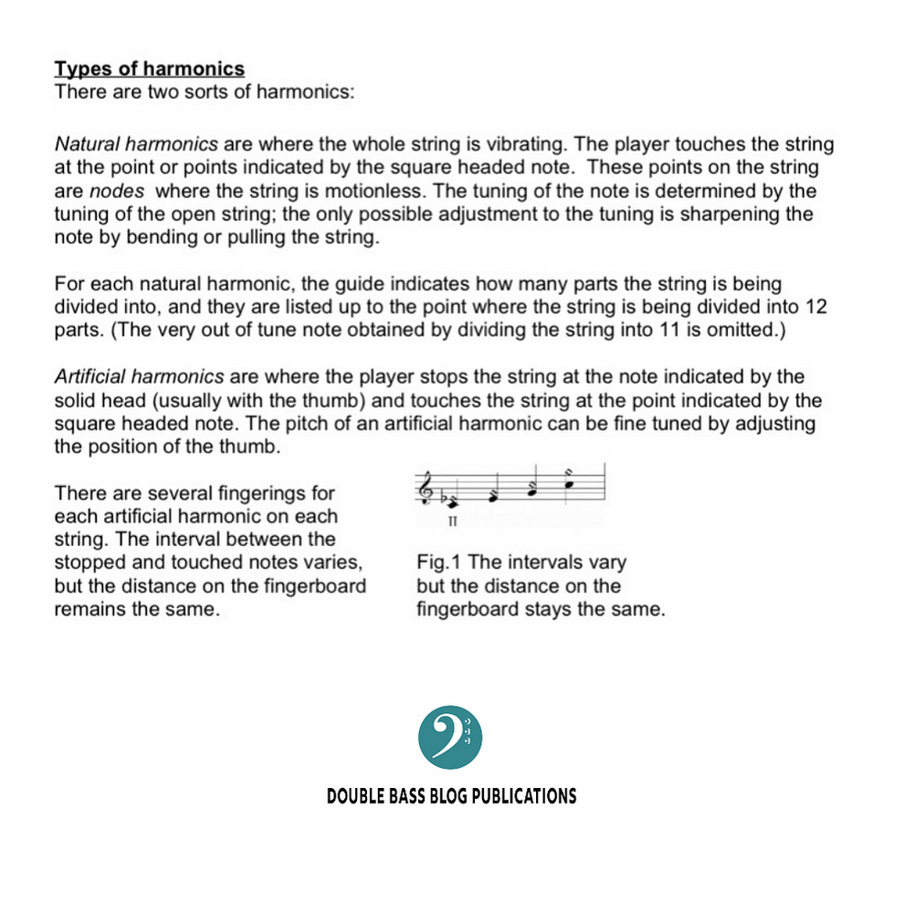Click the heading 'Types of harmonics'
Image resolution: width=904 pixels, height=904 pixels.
point(150,68)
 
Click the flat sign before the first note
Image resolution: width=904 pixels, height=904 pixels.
point(444,499)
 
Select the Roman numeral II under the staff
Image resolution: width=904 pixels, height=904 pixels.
point(453,522)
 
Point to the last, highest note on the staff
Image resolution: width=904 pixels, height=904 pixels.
point(570,479)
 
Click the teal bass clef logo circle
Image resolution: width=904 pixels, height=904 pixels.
point(450,737)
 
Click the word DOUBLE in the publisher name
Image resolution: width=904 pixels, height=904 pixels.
point(353,796)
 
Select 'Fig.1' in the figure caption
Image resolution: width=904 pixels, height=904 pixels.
point(439,562)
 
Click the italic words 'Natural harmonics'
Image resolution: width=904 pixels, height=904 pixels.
point(136,145)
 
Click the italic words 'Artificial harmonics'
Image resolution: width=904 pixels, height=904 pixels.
point(141,377)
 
